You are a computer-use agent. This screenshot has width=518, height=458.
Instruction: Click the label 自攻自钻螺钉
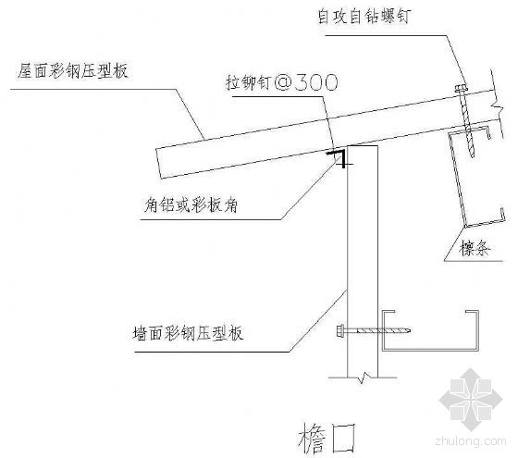[364, 16]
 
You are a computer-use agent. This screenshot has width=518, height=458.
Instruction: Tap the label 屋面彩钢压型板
[73, 70]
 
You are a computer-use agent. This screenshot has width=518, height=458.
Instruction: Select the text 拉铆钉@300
[282, 82]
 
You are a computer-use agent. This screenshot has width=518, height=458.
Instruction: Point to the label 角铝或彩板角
[191, 205]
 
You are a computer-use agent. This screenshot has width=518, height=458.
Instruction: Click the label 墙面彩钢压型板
[188, 333]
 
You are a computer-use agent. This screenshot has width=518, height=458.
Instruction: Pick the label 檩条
[475, 248]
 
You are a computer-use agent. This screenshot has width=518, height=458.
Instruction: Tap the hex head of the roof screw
[461, 89]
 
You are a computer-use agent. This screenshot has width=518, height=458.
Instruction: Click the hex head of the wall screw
[341, 330]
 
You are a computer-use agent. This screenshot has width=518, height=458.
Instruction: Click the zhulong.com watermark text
[471, 441]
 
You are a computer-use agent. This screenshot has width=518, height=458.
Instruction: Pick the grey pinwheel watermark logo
[471, 399]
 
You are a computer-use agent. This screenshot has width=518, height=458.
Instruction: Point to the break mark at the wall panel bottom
[363, 378]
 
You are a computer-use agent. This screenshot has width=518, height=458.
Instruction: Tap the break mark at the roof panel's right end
[497, 106]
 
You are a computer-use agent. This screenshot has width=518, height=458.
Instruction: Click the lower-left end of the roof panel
[162, 179]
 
